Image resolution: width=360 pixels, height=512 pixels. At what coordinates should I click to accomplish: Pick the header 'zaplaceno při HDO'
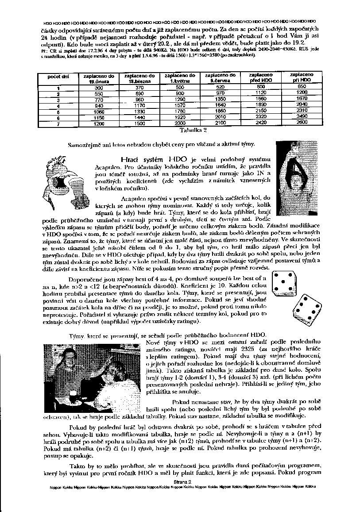(302, 78)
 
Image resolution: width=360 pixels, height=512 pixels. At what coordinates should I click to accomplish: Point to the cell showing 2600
(302, 122)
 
